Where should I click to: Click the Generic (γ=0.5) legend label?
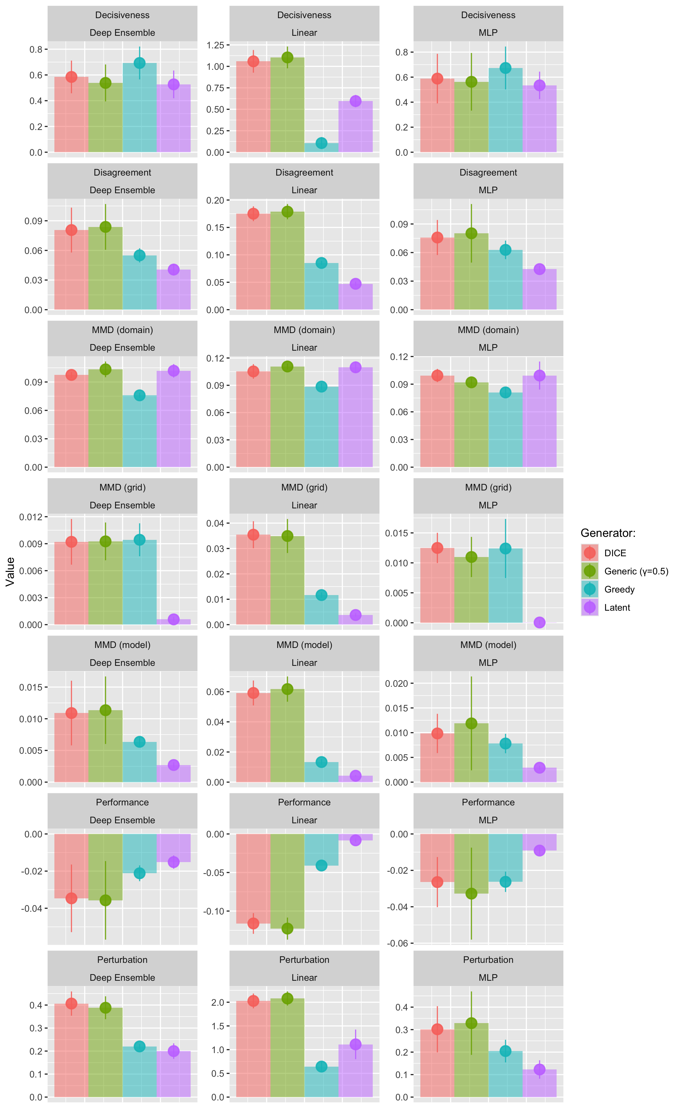pyautogui.click(x=636, y=571)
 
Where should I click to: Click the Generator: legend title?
pyautogui.click(x=608, y=533)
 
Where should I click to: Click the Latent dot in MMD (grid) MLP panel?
pyautogui.click(x=539, y=623)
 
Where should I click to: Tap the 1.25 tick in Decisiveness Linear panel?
pyautogui.click(x=215, y=45)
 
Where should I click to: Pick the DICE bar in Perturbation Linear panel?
pyautogui.click(x=253, y=1051)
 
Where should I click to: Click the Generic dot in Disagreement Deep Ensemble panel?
pyautogui.click(x=106, y=227)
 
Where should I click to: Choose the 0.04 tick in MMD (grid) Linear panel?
pyautogui.click(x=215, y=524)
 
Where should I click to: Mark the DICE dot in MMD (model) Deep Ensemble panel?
pyautogui.click(x=71, y=713)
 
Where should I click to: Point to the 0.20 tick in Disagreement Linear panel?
pyautogui.click(x=215, y=200)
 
